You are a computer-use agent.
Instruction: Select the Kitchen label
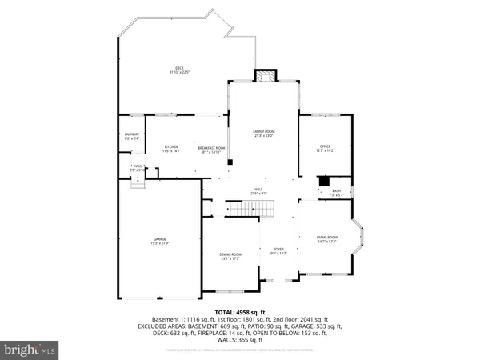click(x=171, y=146)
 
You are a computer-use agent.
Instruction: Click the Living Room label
click(x=327, y=237)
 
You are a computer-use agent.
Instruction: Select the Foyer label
click(x=278, y=249)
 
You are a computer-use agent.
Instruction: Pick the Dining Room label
click(x=230, y=254)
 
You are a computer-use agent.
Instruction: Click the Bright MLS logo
click(x=31, y=349)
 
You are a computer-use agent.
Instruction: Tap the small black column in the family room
click(x=230, y=162)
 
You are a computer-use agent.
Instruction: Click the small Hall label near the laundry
click(x=138, y=166)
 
